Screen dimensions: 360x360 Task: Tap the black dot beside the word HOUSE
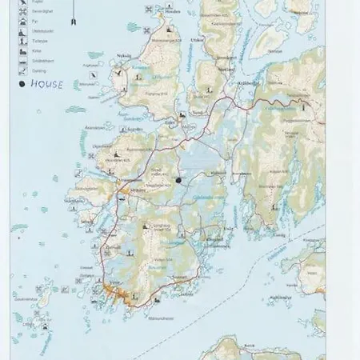point(18,82)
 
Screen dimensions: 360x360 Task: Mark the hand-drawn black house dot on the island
point(178,180)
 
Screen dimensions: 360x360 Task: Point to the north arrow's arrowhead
point(74,19)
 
